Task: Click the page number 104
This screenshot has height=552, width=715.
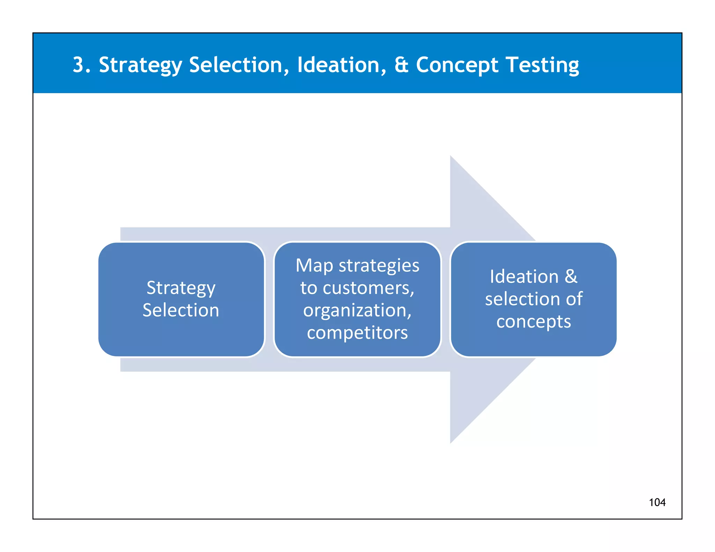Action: click(657, 502)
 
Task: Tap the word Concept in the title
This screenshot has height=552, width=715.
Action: click(457, 66)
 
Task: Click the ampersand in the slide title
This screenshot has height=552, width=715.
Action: click(401, 65)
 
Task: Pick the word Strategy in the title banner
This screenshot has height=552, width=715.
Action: click(140, 66)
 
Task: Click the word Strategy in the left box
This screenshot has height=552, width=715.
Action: click(181, 289)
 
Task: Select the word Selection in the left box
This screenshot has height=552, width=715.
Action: click(181, 310)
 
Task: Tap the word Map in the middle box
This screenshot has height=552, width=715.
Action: click(314, 266)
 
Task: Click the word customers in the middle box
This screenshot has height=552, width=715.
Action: click(368, 289)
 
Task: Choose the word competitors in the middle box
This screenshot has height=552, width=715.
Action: click(357, 333)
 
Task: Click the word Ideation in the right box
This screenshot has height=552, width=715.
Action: click(524, 277)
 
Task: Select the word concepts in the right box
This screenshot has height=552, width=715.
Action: click(533, 322)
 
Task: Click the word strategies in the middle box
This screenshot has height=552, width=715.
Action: click(379, 266)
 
